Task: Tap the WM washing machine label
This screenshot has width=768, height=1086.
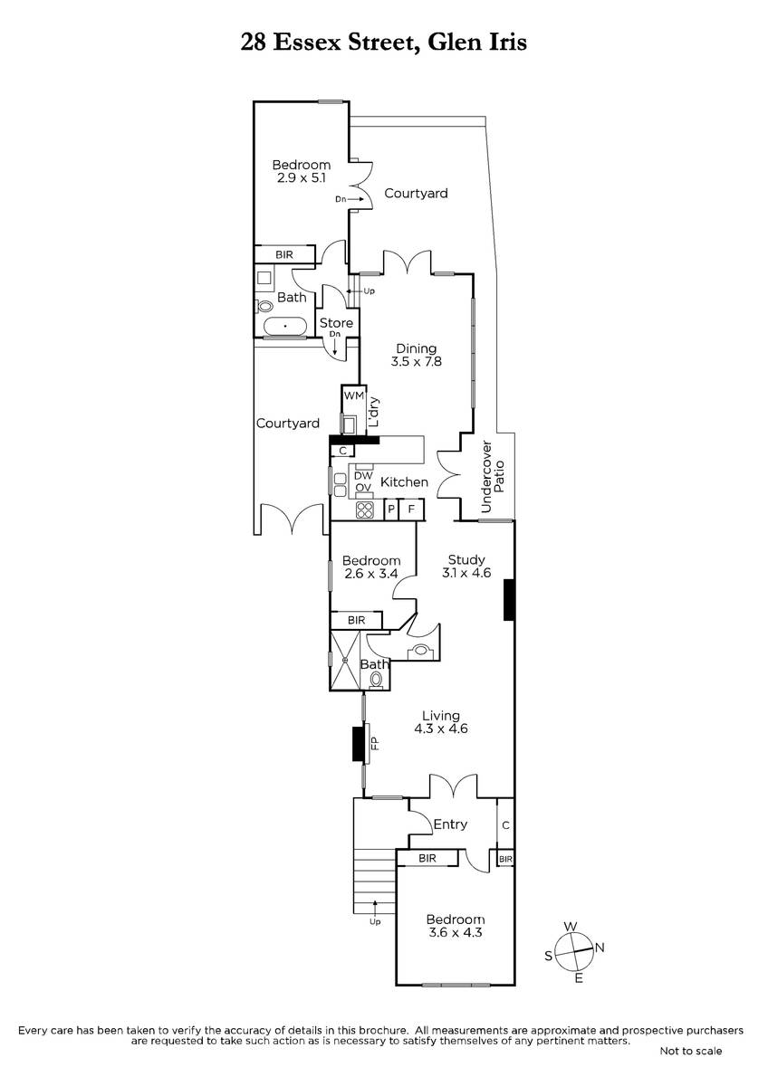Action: pos(354,395)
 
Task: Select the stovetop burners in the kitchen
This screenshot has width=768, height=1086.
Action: pos(365,510)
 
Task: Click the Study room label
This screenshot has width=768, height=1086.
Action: pos(466,559)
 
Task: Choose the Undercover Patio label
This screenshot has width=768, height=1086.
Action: pos(493,477)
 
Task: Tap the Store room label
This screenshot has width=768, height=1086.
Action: pos(336,323)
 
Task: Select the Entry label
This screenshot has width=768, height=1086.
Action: pos(450,824)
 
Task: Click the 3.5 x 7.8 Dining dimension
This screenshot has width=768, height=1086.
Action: pos(417,361)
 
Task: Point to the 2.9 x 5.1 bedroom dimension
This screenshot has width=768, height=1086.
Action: pos(302,177)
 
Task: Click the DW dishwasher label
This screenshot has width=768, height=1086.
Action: pos(363,476)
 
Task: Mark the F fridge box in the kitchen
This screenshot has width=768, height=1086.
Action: pos(411,510)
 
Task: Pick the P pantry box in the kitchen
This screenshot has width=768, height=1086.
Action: pos(391,510)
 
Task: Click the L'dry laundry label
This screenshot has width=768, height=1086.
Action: pos(373,412)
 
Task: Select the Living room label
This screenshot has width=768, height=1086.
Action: pos(440,716)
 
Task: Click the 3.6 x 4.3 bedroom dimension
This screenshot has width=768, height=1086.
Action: pos(456,932)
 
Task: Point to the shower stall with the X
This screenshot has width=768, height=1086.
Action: pos(345,660)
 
